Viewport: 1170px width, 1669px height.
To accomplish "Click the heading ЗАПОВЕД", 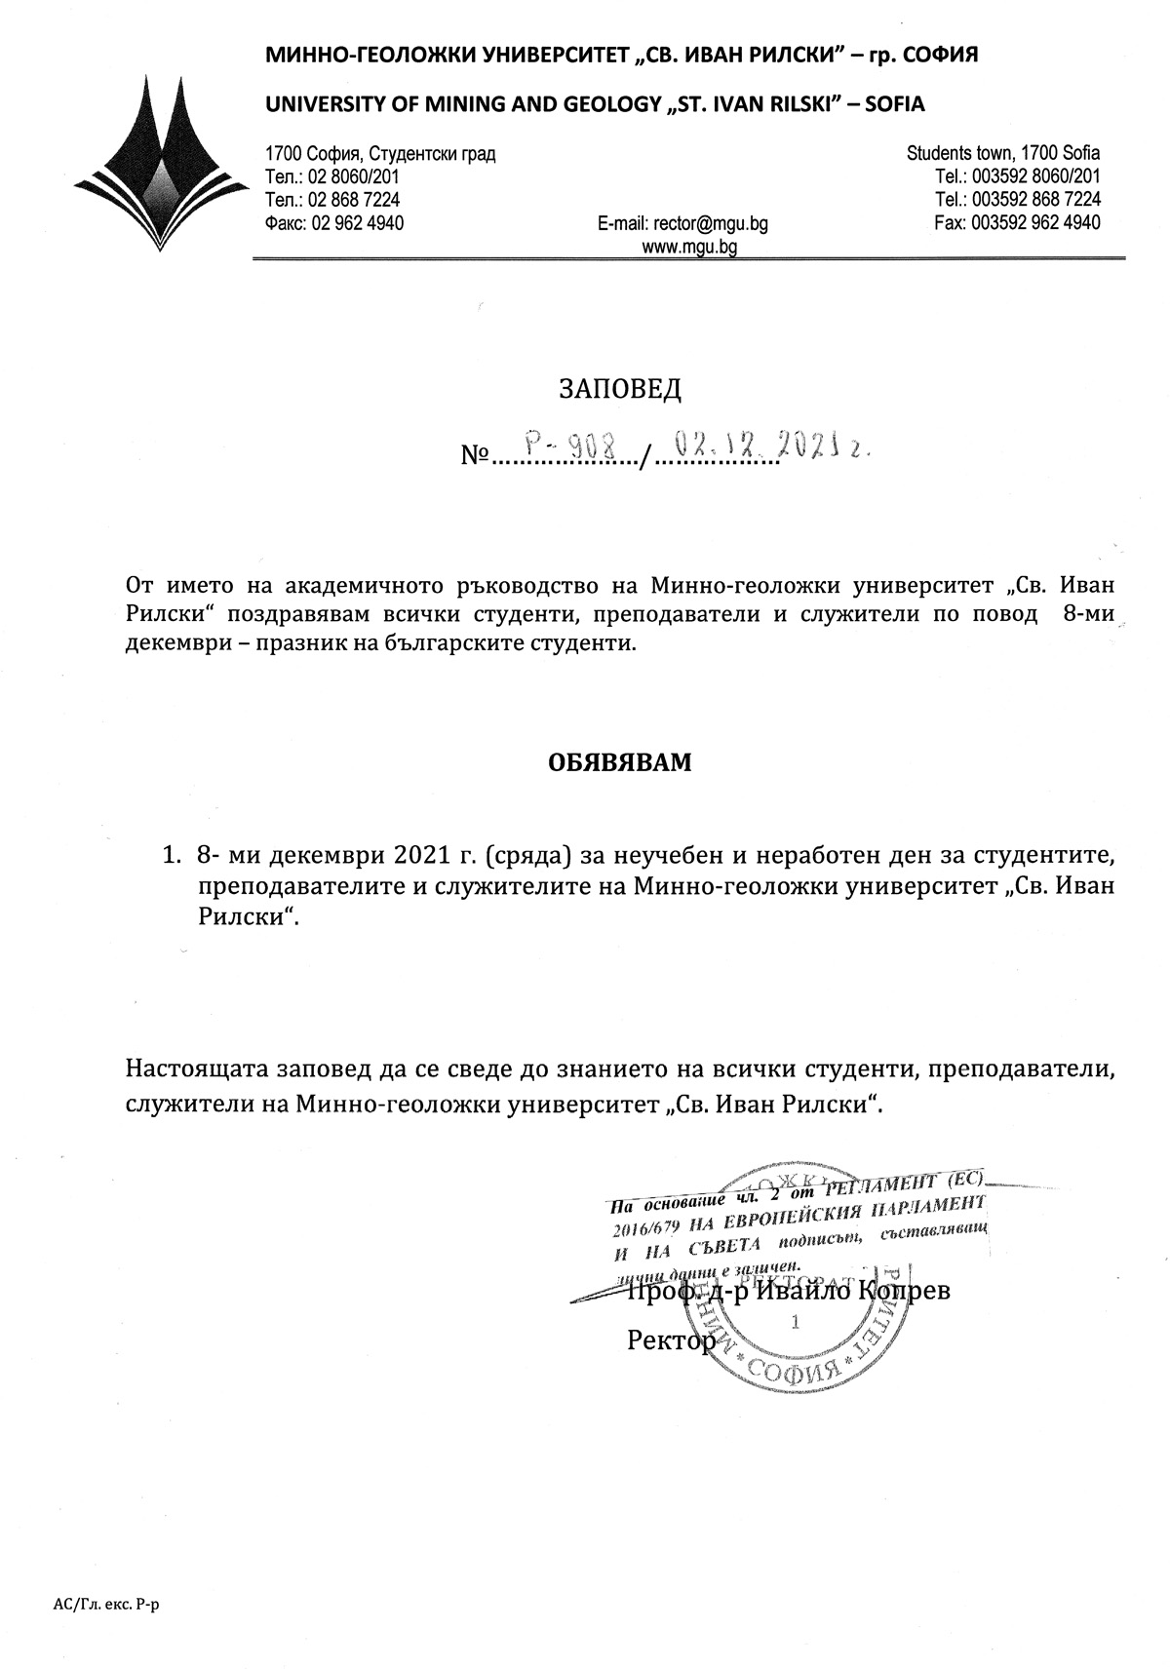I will [x=620, y=389].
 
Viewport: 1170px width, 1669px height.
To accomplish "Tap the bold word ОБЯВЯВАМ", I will [x=618, y=761].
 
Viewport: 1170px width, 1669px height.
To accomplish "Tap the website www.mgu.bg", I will [x=688, y=247].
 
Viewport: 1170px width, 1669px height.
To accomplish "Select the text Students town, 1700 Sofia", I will [x=1003, y=153].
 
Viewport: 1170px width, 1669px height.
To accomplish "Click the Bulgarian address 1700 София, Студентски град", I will [x=380, y=153].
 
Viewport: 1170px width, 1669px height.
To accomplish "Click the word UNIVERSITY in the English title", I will [x=324, y=103].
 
